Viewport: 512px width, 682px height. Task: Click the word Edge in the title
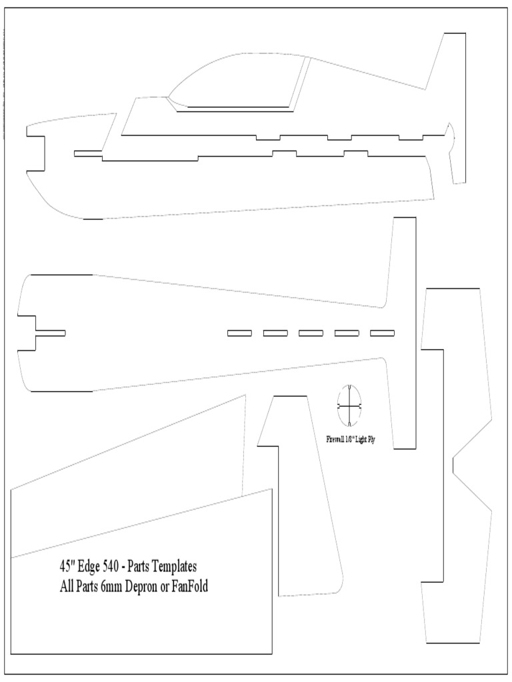91,567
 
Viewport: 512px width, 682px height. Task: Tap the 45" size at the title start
66,567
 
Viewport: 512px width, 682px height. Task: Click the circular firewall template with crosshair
349,405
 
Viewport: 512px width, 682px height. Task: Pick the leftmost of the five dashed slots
239,333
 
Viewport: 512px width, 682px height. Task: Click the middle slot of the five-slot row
311,333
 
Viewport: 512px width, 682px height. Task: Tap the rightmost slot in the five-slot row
382,333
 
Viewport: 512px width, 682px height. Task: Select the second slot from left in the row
275,333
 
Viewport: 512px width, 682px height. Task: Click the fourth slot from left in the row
347,333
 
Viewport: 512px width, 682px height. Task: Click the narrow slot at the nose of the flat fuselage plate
50,333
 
